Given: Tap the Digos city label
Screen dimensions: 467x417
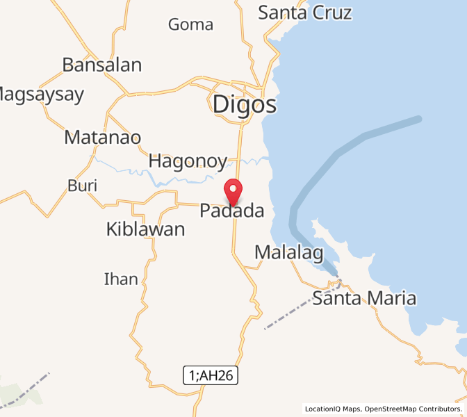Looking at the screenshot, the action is pos(245,105).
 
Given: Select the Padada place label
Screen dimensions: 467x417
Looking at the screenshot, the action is pos(232,211).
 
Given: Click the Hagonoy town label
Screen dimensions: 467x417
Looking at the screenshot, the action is pos(188,161).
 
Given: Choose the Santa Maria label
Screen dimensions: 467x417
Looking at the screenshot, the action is pos(364,299).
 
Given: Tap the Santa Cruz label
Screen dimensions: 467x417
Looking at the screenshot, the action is pos(305,13).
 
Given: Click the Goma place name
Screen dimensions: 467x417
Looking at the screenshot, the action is pos(190,25).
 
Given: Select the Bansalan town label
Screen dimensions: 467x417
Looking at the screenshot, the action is pos(101,65).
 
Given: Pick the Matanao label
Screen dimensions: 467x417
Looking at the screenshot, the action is pos(102,138).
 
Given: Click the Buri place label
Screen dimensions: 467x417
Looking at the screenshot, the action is pos(82,186).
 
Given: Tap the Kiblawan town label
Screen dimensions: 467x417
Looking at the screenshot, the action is pos(145,229).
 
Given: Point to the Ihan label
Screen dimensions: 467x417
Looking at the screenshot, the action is pos(121,279).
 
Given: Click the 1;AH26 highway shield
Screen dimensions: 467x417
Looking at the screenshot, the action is pos(211,376).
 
